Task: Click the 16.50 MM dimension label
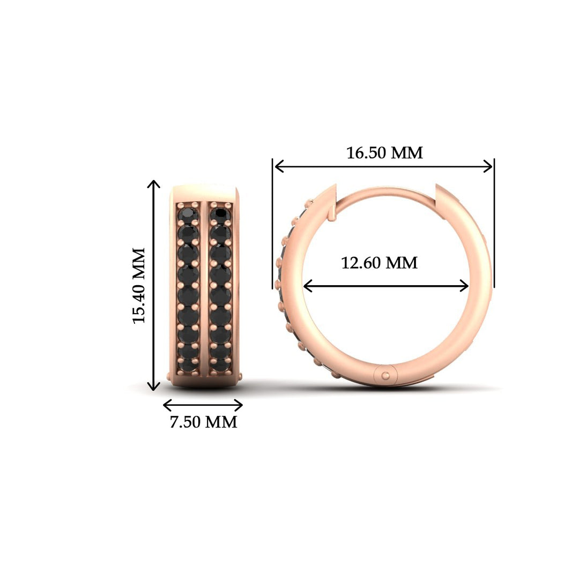tap(384, 153)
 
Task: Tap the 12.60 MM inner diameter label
tap(380, 263)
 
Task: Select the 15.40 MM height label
tap(139, 285)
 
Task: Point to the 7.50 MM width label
tap(203, 422)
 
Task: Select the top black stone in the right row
tap(220, 216)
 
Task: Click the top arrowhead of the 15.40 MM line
tap(154, 183)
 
